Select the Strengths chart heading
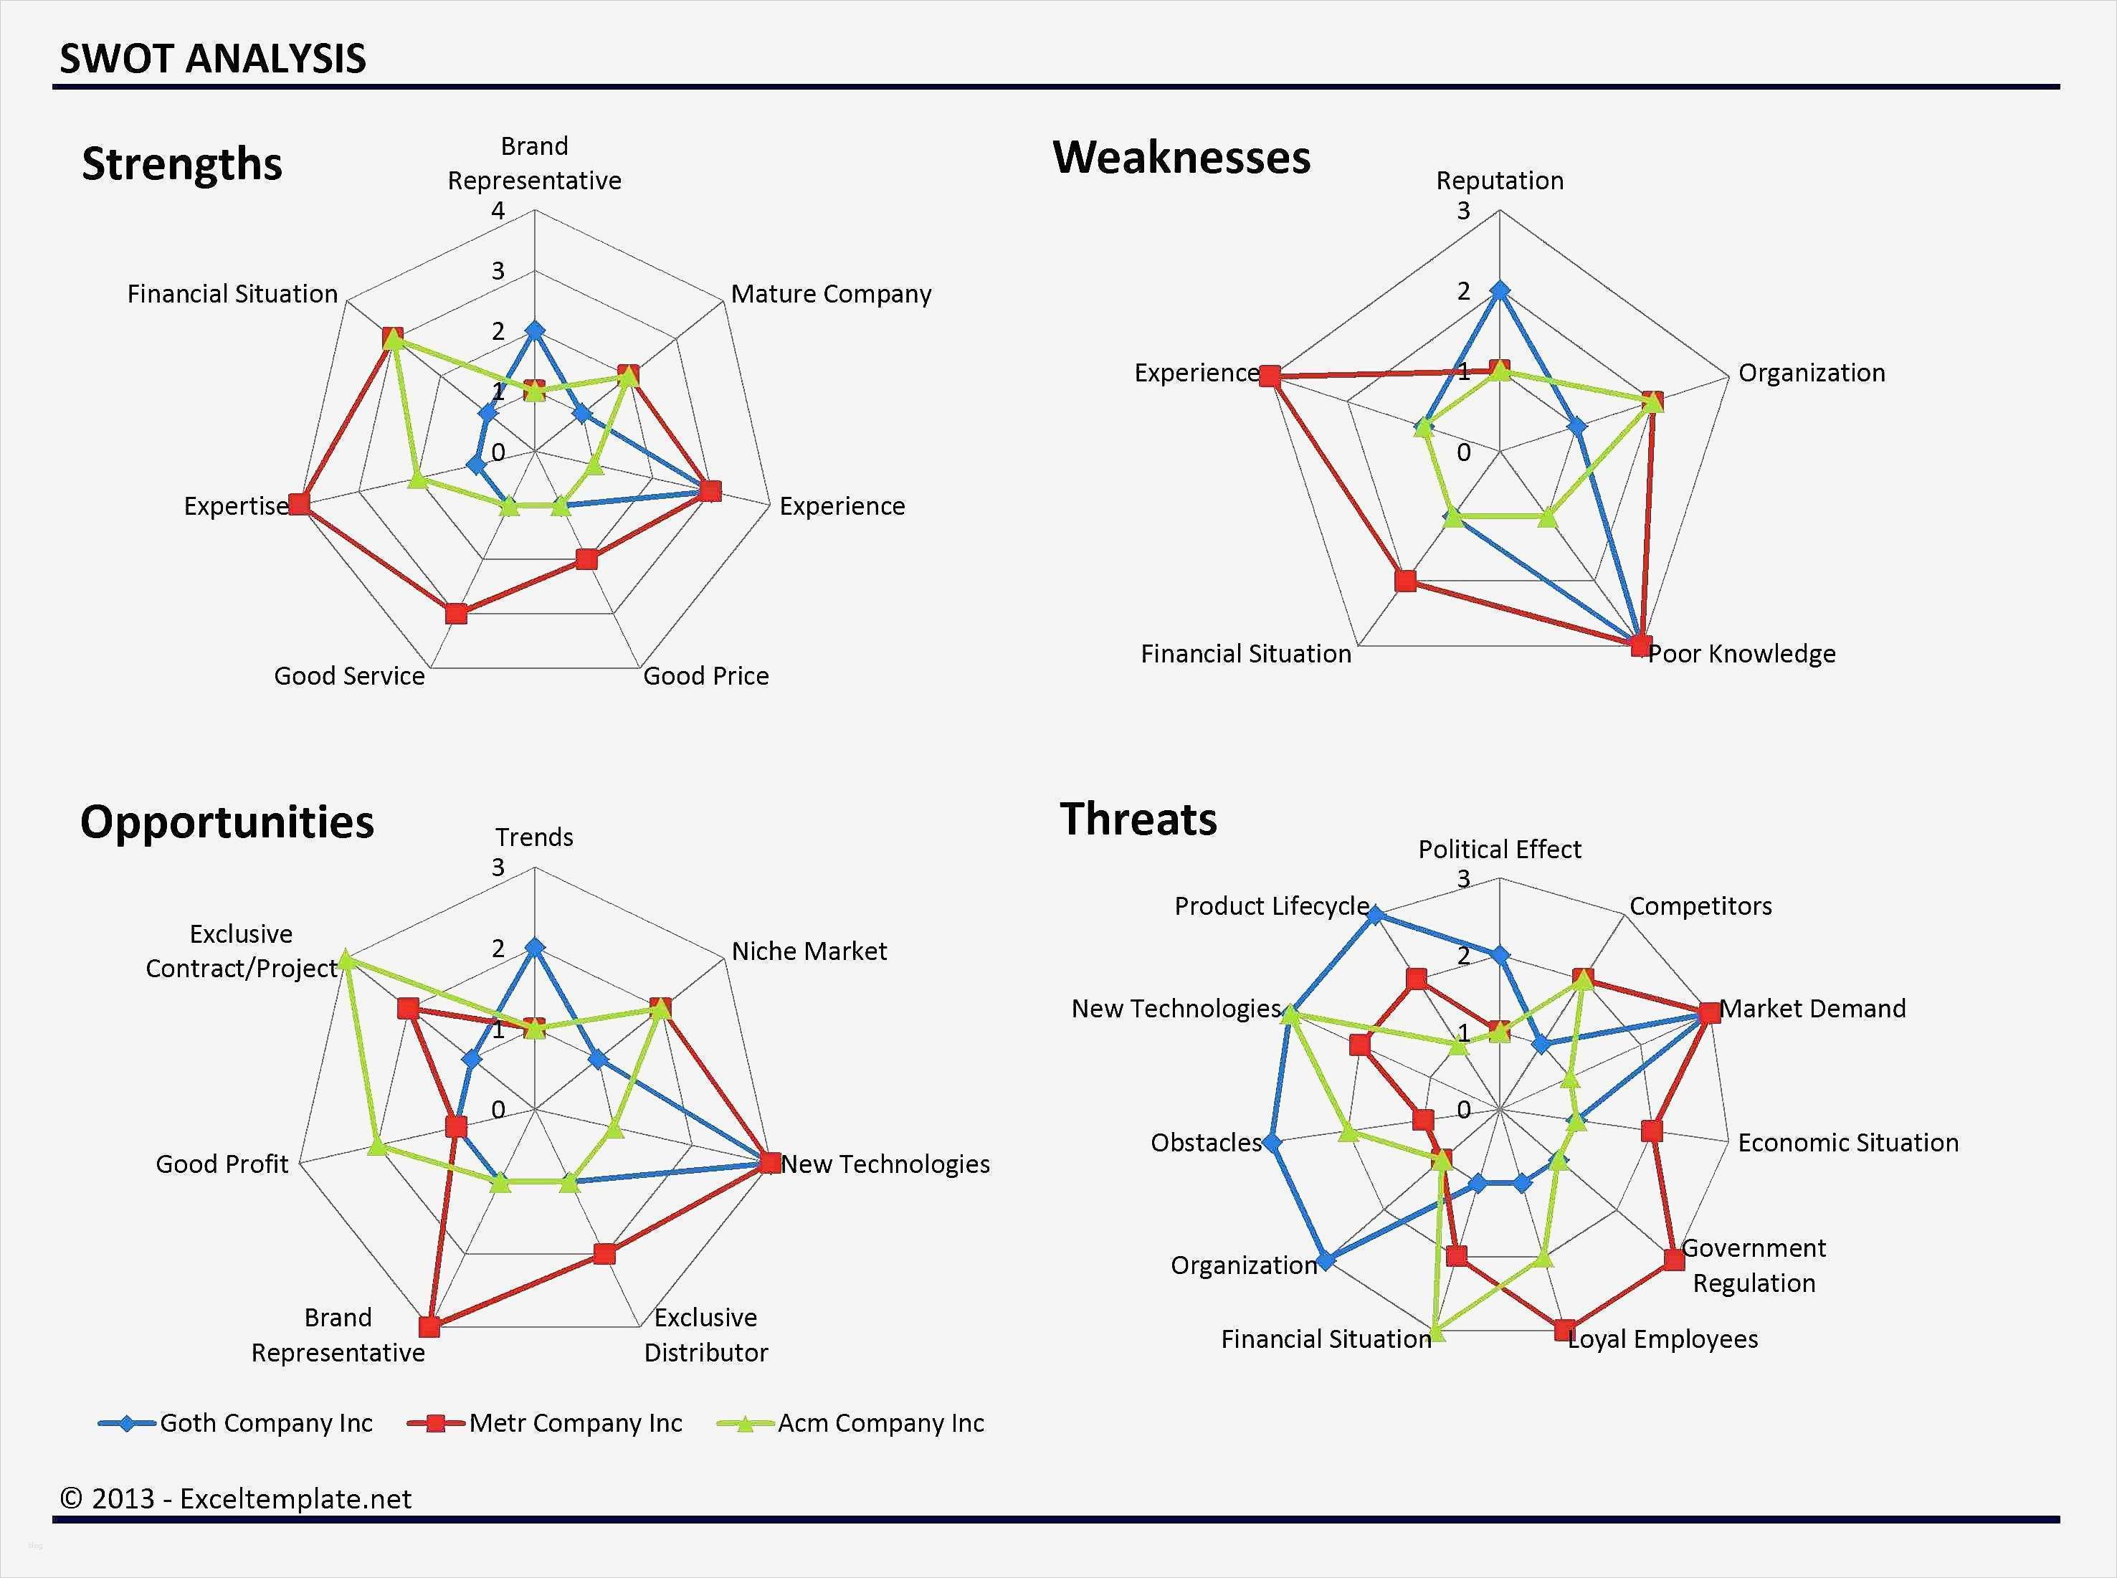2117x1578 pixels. (x=181, y=163)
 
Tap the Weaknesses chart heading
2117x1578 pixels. (x=1181, y=158)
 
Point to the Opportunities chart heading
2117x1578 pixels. (x=227, y=822)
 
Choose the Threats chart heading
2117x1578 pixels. (x=1138, y=819)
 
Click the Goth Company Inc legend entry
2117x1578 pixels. (x=236, y=1423)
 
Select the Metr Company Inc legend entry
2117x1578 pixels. (x=546, y=1423)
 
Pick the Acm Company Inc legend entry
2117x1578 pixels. (x=851, y=1423)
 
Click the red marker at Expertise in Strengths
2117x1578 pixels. (x=300, y=503)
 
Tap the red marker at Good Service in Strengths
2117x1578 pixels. (x=457, y=613)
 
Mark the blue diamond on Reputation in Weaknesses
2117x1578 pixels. (x=1500, y=290)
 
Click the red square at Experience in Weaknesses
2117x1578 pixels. (x=1269, y=376)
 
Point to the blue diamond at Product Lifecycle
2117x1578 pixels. (x=1375, y=915)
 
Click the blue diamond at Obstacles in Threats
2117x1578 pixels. (x=1271, y=1142)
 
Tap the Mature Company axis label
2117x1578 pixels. (x=831, y=294)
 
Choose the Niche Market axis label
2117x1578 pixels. (x=809, y=951)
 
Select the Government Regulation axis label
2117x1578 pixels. (x=1754, y=1265)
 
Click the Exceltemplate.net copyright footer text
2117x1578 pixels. (x=236, y=1498)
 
